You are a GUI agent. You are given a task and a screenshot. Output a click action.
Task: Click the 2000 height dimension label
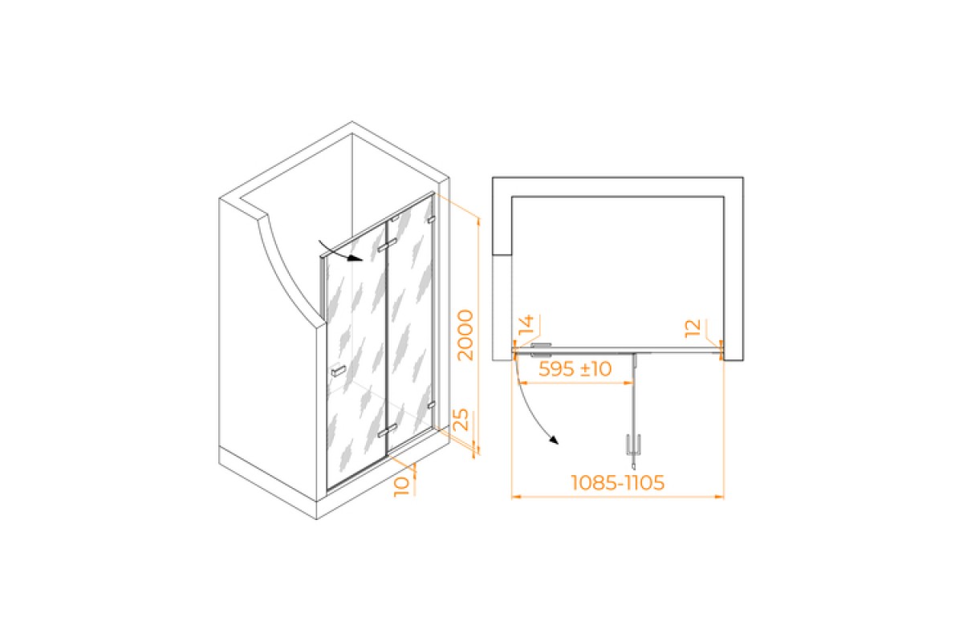pyautogui.click(x=465, y=335)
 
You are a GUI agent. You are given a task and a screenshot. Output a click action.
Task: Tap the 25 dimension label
pyautogui.click(x=461, y=420)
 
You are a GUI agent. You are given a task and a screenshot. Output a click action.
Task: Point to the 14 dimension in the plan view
pyautogui.click(x=526, y=325)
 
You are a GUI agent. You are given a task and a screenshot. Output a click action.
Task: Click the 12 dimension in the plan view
pyautogui.click(x=693, y=328)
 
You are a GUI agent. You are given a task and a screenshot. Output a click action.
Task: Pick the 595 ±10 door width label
pyautogui.click(x=575, y=369)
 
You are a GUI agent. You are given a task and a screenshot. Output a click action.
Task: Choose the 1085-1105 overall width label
pyautogui.click(x=617, y=482)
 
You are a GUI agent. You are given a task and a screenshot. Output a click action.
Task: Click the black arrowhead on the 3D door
pyautogui.click(x=356, y=258)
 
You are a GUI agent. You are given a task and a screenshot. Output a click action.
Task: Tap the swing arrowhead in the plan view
pyautogui.click(x=554, y=440)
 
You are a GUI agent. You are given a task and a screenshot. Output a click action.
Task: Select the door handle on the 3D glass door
pyautogui.click(x=339, y=371)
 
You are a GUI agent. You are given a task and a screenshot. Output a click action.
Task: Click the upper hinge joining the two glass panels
pyautogui.click(x=387, y=246)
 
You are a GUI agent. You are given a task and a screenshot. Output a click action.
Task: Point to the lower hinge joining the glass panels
pyautogui.click(x=387, y=431)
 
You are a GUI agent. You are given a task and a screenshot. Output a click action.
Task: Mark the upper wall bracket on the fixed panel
pyautogui.click(x=431, y=220)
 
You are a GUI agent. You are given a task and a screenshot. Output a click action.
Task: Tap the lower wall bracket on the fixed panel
pyautogui.click(x=431, y=404)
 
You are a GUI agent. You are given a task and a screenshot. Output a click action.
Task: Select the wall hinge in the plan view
pyautogui.click(x=541, y=350)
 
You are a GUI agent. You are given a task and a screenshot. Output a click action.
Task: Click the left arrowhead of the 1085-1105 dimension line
pyautogui.click(x=516, y=497)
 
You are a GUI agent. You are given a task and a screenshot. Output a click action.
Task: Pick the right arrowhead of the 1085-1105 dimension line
pyautogui.click(x=719, y=497)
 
